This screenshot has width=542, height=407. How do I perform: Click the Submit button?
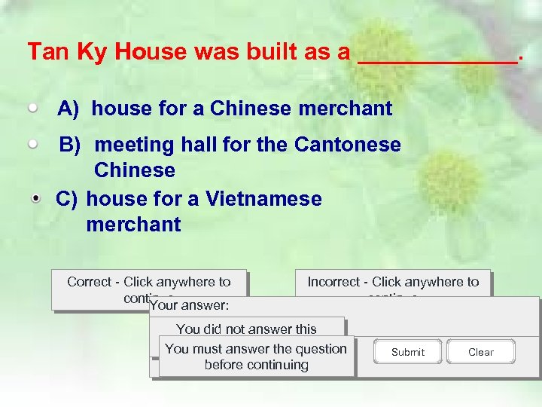(x=407, y=352)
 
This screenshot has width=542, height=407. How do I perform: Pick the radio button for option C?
(x=37, y=198)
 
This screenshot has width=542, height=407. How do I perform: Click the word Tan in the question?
(x=43, y=52)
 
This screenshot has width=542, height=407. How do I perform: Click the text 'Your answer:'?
(x=190, y=306)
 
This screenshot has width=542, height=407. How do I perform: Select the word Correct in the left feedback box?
(x=89, y=282)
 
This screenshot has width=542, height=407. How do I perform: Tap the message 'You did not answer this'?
(x=246, y=329)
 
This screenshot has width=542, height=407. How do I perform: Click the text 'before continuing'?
(x=256, y=365)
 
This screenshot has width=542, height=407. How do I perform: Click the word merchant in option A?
(x=345, y=109)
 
